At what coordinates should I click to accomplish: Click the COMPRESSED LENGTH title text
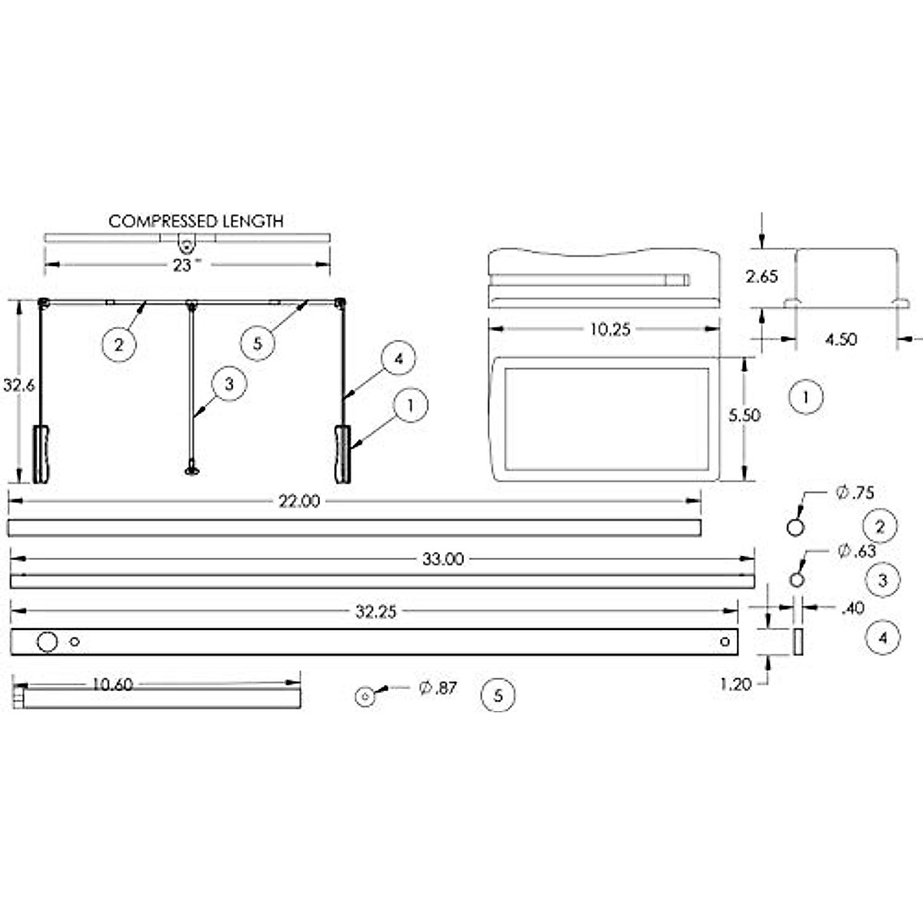click(196, 222)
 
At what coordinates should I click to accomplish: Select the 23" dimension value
click(182, 265)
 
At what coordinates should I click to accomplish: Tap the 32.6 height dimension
click(19, 385)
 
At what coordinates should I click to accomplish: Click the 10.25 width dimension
click(610, 329)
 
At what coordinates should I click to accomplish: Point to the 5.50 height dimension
click(745, 415)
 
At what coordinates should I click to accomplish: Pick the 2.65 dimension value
click(761, 276)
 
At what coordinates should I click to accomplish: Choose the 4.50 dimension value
click(841, 339)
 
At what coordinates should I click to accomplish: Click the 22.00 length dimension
click(299, 501)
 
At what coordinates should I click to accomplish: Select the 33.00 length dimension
click(443, 559)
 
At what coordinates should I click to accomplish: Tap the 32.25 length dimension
click(376, 611)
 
